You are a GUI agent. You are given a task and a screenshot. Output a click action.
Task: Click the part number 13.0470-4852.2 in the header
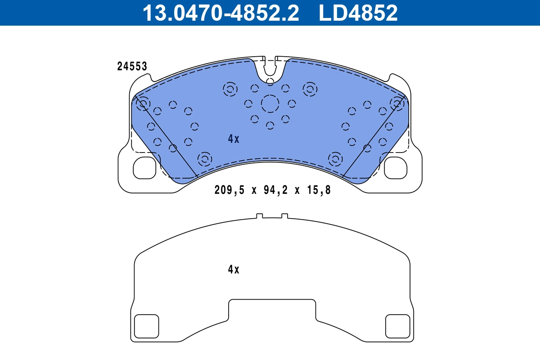[x=220, y=13]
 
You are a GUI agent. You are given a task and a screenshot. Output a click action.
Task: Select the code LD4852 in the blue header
[x=358, y=13]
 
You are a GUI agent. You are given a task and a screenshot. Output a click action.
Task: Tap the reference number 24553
[x=132, y=67]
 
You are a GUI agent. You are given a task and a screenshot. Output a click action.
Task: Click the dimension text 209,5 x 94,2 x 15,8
[x=272, y=190]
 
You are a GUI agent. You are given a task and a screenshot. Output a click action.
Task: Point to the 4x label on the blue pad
[x=233, y=139]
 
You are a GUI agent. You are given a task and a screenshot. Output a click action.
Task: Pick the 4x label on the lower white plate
[x=233, y=270]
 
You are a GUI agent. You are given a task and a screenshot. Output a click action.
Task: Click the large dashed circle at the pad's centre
[x=270, y=104]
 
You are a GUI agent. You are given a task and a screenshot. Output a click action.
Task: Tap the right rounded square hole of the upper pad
[x=396, y=167]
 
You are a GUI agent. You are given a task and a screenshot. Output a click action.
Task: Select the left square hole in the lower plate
[x=147, y=326]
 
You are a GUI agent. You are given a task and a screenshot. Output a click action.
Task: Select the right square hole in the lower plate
[x=398, y=326]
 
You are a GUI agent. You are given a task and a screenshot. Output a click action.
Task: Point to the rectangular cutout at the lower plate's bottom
[x=272, y=310]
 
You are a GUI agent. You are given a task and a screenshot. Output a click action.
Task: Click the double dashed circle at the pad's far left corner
[x=143, y=104]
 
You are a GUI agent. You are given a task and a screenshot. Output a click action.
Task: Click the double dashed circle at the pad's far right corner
[x=397, y=104]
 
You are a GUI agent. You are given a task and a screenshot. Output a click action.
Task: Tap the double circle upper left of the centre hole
[x=230, y=90]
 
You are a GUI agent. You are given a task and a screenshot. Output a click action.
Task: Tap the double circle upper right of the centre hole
[x=310, y=90]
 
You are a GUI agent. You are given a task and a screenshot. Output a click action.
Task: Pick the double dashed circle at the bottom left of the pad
[x=205, y=158]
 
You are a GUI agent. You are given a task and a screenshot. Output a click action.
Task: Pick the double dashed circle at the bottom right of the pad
[x=335, y=158]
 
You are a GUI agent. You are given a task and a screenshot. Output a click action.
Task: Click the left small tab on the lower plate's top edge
[x=259, y=216]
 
